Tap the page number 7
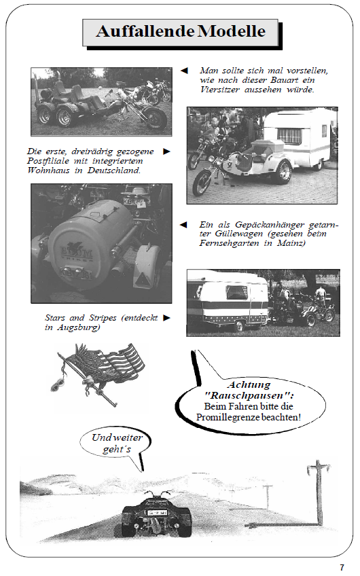(342, 566)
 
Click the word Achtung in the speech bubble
(250, 384)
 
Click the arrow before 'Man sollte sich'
(183, 70)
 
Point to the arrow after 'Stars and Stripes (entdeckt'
(166, 317)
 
